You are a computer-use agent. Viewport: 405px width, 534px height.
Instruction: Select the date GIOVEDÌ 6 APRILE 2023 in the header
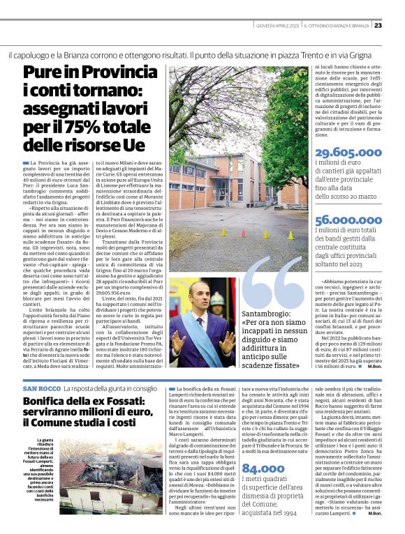(x=277, y=25)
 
